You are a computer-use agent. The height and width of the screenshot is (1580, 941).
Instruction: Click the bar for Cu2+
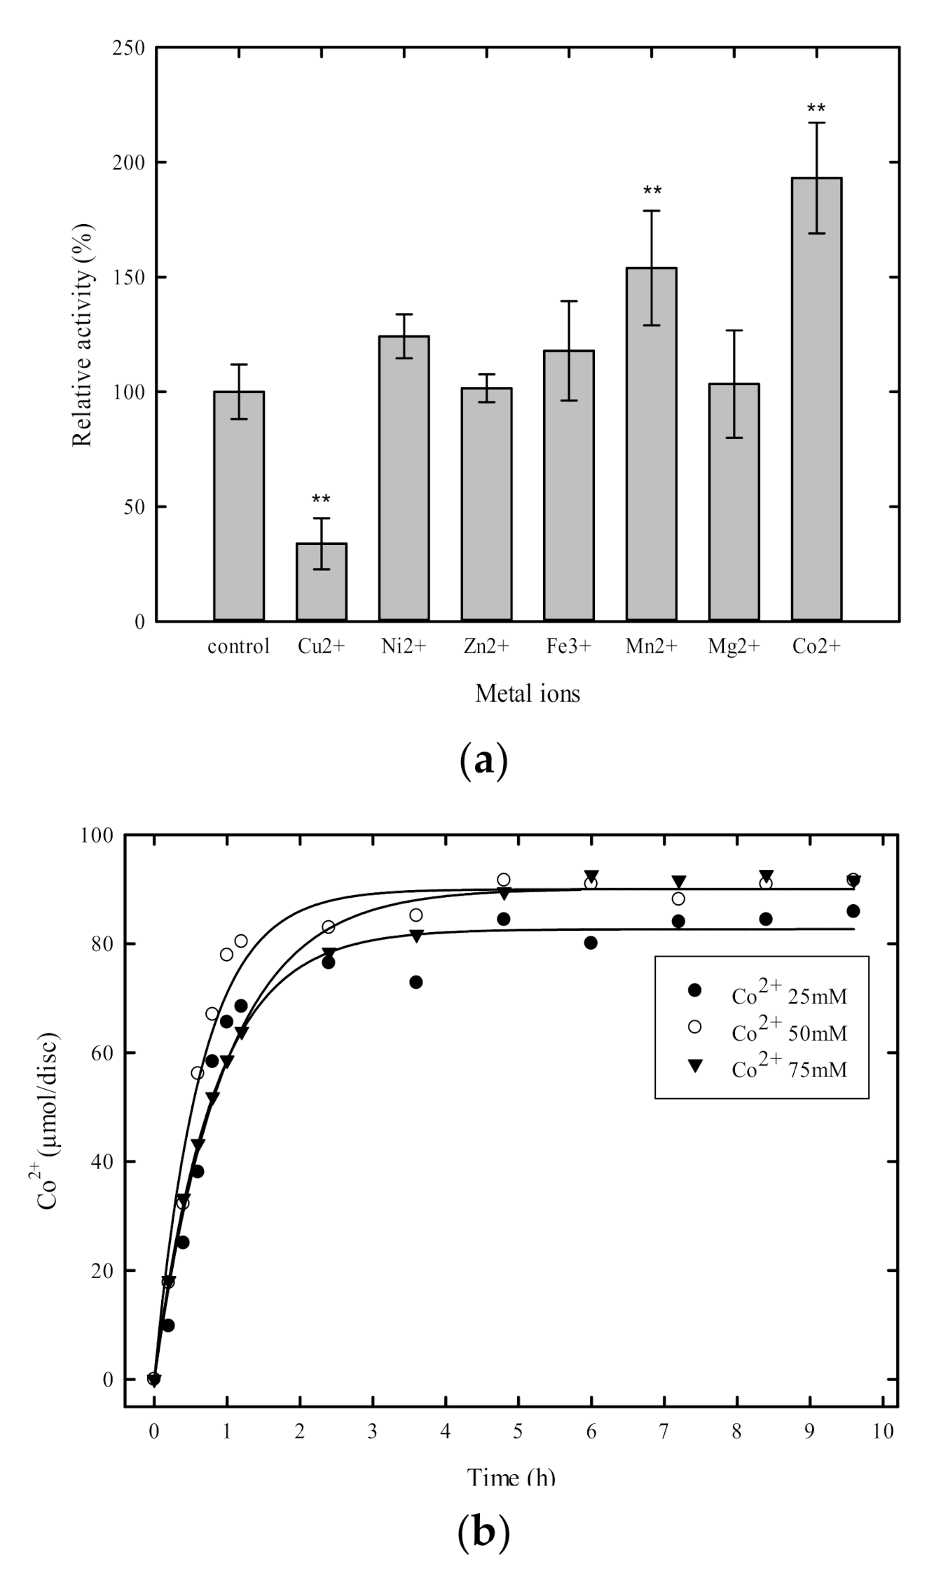coord(321,582)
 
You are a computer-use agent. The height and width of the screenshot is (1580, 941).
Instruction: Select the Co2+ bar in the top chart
coord(816,399)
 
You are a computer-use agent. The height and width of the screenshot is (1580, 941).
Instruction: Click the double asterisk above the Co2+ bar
coord(816,109)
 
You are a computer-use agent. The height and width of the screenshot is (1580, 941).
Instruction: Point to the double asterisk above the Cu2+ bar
coord(321,500)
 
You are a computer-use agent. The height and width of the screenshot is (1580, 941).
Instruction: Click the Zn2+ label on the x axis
coord(486,646)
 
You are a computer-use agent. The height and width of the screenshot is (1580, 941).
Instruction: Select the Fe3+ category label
coord(568,646)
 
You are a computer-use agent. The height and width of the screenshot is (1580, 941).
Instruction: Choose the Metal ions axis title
coord(528,694)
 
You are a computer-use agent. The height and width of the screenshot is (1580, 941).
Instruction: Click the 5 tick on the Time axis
coord(518,1432)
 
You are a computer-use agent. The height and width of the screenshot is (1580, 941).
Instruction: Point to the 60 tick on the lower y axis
coord(104,1053)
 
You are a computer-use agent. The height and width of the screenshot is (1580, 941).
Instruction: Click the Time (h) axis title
coord(511,1477)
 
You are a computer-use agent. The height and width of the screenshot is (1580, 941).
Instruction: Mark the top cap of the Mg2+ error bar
coord(734,331)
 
